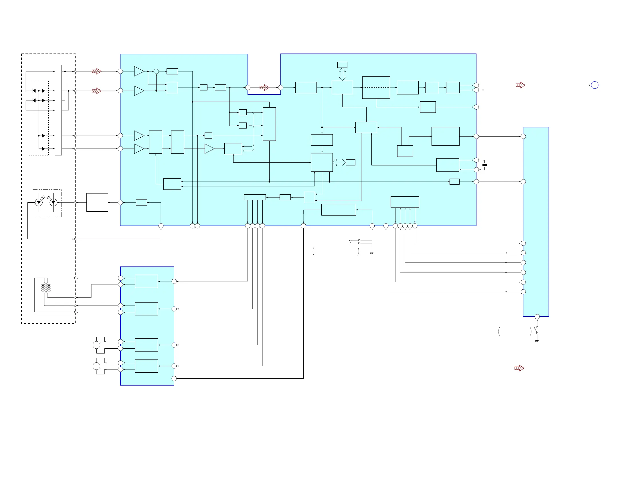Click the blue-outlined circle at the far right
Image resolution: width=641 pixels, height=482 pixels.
594,85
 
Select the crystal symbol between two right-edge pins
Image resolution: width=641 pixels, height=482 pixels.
484,165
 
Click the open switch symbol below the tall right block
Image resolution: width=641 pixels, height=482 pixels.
536,330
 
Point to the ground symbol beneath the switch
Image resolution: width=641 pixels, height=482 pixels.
537,341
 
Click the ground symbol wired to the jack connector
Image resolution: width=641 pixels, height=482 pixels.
371,253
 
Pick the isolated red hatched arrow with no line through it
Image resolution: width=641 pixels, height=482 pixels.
519,368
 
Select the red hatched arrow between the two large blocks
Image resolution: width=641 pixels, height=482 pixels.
264,88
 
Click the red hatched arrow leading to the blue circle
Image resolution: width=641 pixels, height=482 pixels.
520,85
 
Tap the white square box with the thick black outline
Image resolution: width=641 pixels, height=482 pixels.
97,203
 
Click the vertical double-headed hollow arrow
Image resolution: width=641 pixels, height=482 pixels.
342,74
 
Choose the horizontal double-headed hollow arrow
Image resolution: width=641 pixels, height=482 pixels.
339,162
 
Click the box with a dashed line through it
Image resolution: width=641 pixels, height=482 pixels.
376,88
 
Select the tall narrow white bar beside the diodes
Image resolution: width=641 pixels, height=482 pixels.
58,110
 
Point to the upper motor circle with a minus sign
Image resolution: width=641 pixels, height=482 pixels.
96,345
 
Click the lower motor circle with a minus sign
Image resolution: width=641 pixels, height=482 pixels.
96,366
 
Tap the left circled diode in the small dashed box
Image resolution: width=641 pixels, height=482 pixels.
39,202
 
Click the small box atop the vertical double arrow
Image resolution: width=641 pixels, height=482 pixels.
342,65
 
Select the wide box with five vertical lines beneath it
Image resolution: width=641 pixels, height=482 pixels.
405,202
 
